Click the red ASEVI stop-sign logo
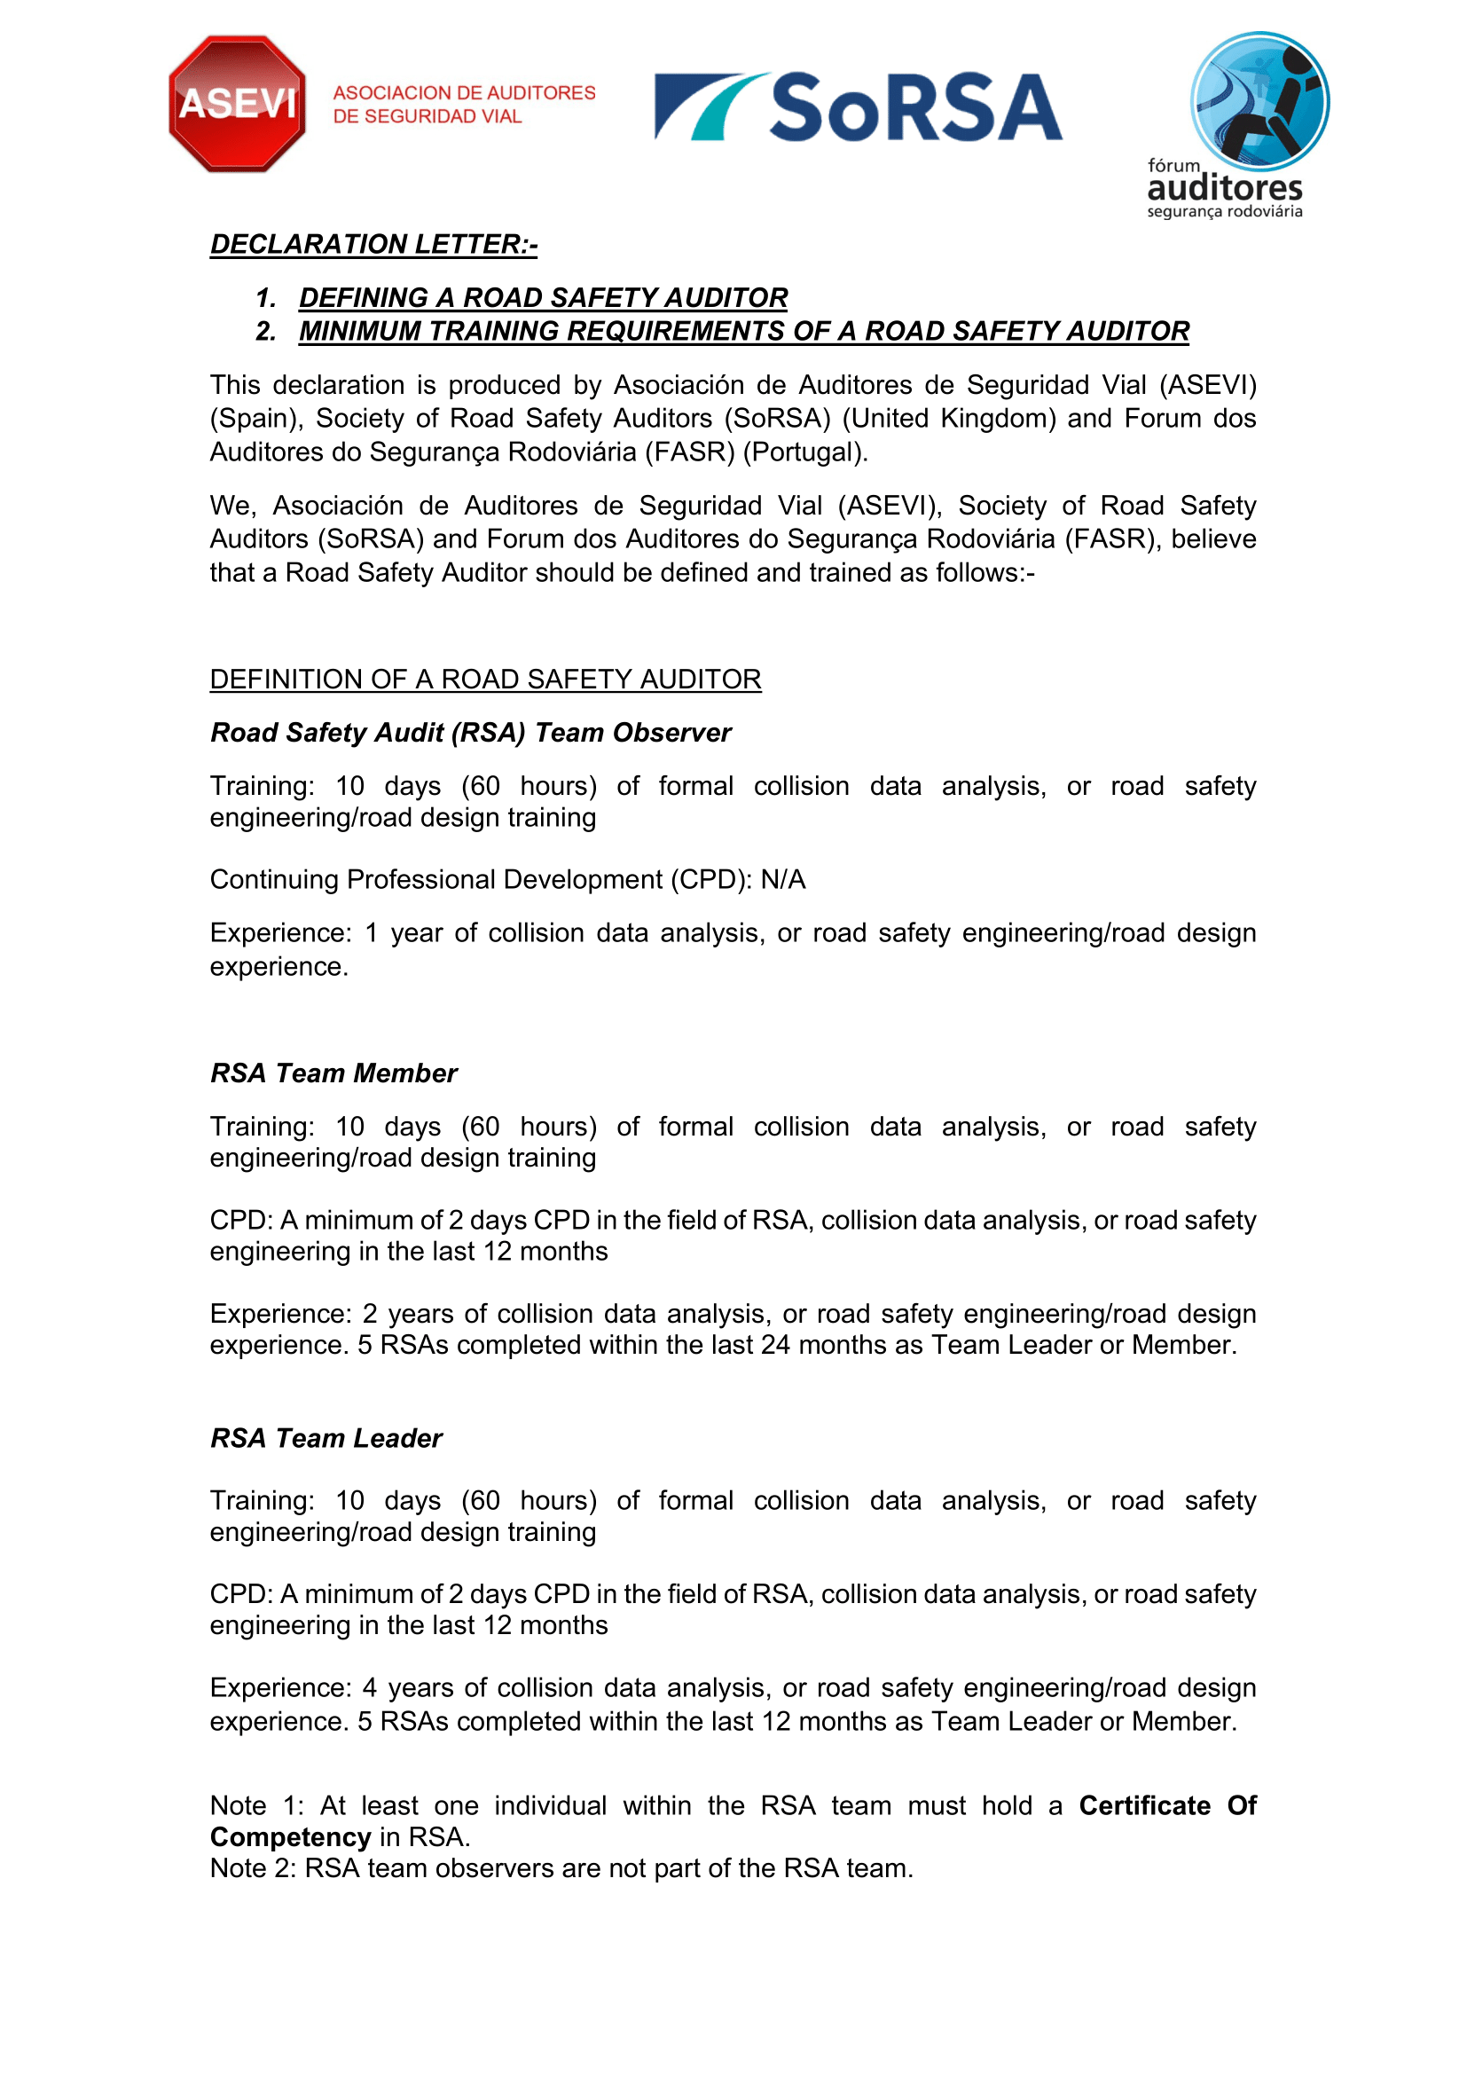point(237,104)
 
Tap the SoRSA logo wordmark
point(859,107)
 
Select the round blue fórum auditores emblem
point(1259,100)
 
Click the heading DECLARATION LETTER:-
point(373,244)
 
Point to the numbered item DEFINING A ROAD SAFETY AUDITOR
point(543,297)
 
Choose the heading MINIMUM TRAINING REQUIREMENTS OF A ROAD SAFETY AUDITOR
point(743,331)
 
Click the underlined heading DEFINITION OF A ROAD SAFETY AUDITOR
point(485,679)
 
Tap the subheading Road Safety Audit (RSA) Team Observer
point(470,732)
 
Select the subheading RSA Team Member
point(333,1073)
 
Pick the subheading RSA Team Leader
point(326,1438)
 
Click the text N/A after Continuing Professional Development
point(783,879)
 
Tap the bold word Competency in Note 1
point(290,1837)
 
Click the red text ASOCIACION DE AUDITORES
point(464,93)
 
